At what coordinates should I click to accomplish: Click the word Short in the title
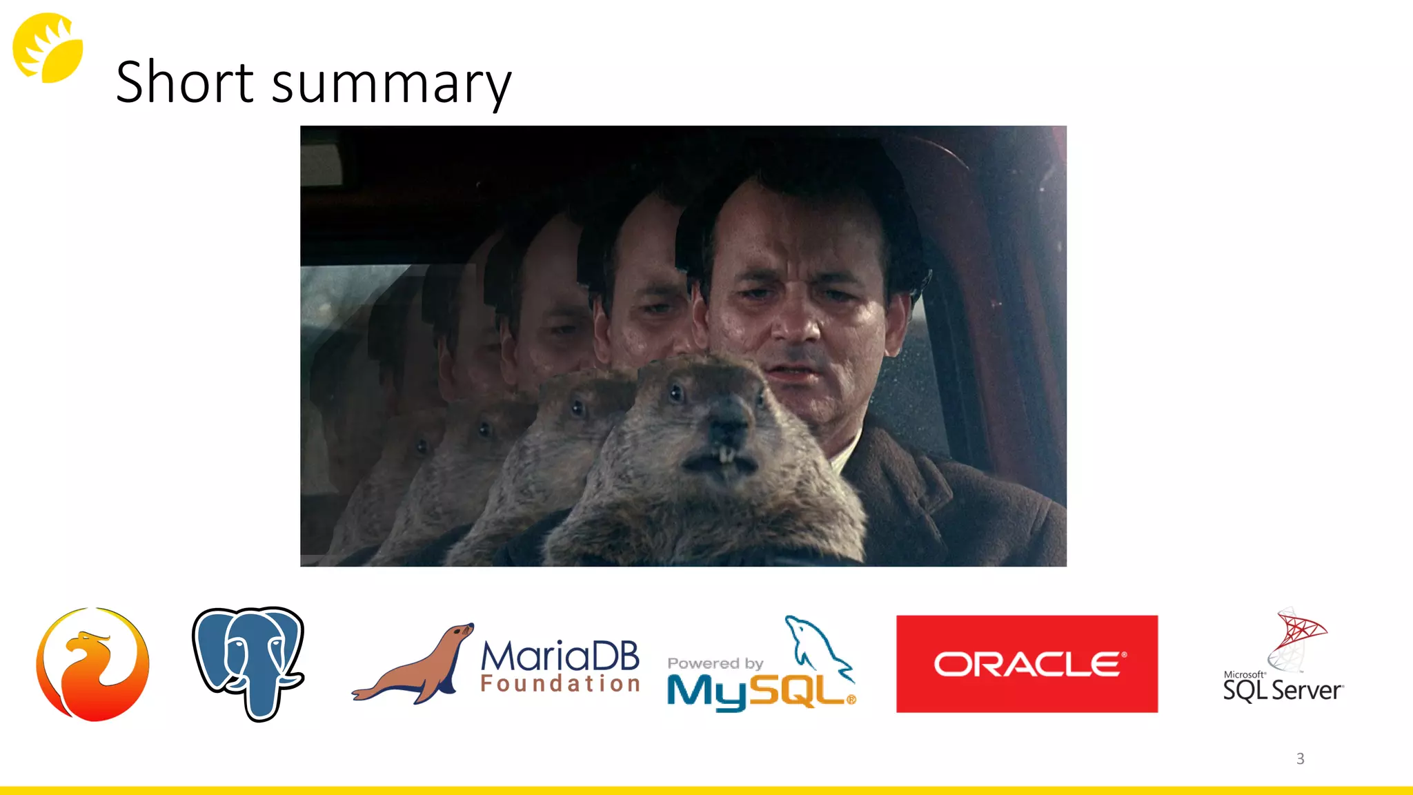(x=184, y=83)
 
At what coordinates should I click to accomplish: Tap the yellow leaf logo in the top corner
(x=48, y=48)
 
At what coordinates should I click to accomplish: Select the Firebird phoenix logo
(x=92, y=664)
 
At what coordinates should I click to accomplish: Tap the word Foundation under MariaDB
(x=560, y=684)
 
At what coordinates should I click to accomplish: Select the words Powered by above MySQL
(x=715, y=663)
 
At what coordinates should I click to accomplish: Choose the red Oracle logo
(x=1027, y=664)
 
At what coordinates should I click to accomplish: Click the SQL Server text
(x=1283, y=690)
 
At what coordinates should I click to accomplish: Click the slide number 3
(x=1300, y=759)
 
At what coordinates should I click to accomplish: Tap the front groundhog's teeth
(x=725, y=455)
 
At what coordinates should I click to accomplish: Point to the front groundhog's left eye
(x=675, y=394)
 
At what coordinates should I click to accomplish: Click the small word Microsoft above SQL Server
(x=1244, y=674)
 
